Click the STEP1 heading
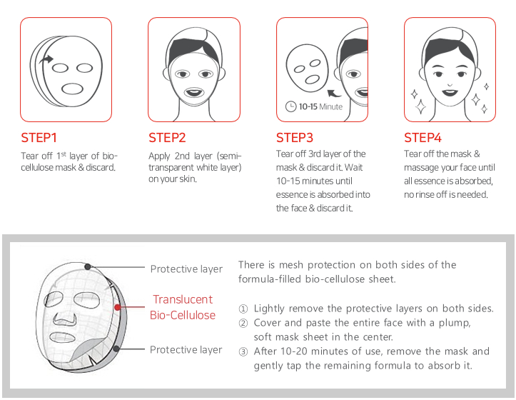39,138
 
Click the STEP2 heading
167,138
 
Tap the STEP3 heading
295,138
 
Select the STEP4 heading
423,138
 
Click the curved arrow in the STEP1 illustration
46,59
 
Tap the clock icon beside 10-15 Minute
291,106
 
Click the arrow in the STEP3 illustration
334,94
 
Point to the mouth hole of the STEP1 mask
72,89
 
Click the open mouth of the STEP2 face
194,93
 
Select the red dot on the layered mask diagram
117,307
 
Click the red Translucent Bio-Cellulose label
183,307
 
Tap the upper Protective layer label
186,269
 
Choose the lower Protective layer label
186,349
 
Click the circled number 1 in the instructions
243,309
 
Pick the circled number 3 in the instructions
243,352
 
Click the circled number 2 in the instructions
243,323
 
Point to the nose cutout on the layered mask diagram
65,319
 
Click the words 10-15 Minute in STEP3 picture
320,106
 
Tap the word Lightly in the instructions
269,309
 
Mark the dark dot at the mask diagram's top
88,266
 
